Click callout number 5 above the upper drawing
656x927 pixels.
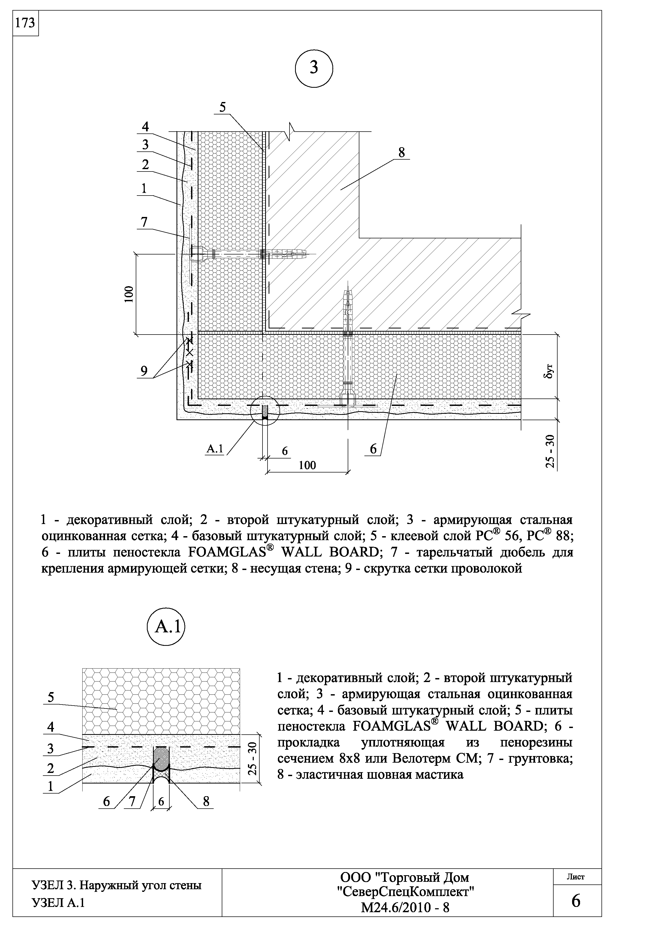223,107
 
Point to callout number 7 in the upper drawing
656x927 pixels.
144,222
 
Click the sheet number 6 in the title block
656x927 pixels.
576,901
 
